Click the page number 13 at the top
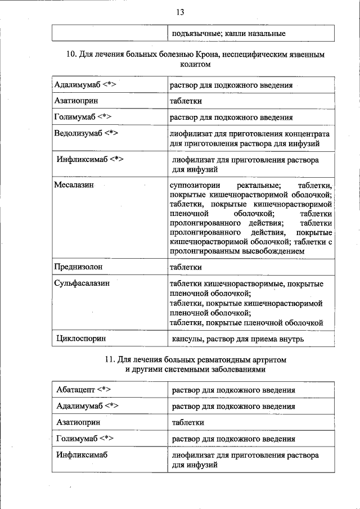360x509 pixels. click(179, 12)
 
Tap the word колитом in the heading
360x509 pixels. click(195, 64)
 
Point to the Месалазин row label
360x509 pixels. click(74, 184)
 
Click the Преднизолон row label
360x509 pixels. click(78, 267)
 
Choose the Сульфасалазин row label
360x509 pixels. click(82, 283)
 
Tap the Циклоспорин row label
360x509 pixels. click(82, 339)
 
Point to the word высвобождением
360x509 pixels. click(271, 251)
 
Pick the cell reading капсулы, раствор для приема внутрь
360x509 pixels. click(238, 339)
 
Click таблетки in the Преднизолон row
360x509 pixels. click(186, 267)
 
